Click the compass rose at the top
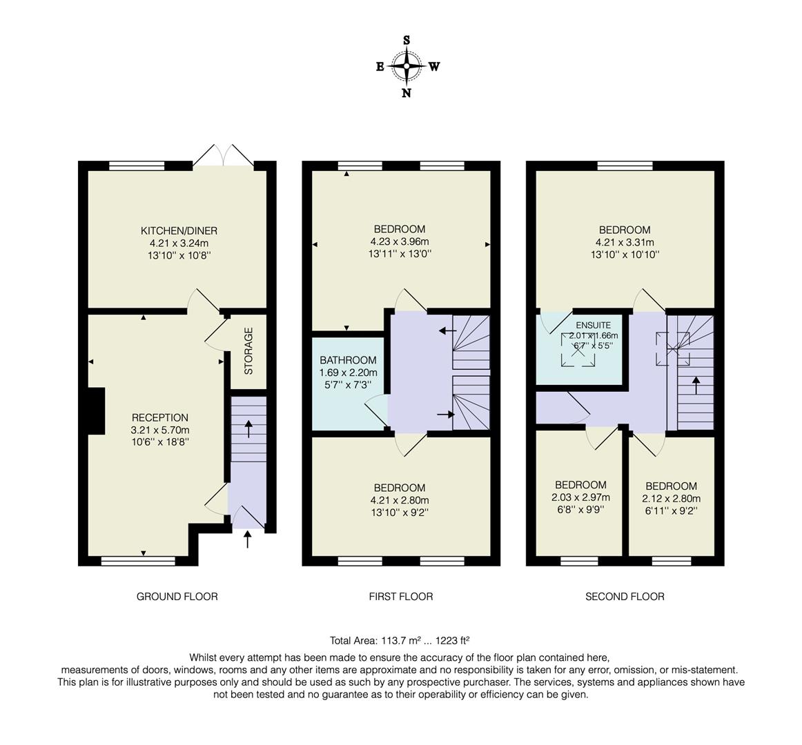[407, 67]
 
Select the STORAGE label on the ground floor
[248, 350]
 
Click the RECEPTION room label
[159, 417]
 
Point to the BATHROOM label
[348, 360]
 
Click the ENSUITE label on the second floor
[594, 324]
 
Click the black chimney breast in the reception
[95, 411]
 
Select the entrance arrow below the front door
[248, 539]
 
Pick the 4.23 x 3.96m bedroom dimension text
[400, 241]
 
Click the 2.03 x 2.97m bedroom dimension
[580, 497]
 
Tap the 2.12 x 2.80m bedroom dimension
[671, 499]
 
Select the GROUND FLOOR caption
[177, 597]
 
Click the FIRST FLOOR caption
[401, 597]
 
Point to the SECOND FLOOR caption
[625, 597]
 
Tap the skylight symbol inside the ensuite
[578, 348]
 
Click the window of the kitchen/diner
[137, 166]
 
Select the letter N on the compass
[407, 93]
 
